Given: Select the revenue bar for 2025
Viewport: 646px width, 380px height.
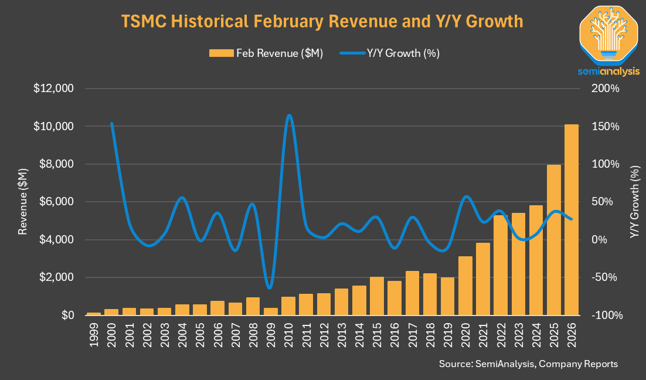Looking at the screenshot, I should click(554, 240).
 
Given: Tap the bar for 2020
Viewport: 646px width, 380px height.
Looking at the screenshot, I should click(465, 286).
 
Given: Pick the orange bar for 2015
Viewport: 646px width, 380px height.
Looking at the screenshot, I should click(377, 296).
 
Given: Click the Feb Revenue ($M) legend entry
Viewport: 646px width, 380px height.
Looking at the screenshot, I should click(266, 53).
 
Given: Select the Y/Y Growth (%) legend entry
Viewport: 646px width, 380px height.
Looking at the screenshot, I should click(389, 53).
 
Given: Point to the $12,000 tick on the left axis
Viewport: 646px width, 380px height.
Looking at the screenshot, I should click(53, 89).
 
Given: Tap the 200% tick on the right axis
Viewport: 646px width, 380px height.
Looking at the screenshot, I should click(606, 89).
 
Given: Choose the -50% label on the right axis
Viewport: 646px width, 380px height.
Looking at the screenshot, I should click(605, 277).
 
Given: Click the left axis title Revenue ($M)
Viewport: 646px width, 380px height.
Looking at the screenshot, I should click(22, 202).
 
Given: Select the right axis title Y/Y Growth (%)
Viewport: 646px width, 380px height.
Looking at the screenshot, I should click(634, 202).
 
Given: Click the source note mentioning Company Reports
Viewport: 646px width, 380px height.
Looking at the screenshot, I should click(528, 364).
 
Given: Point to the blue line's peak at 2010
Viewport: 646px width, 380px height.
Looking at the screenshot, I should click(288, 116).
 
